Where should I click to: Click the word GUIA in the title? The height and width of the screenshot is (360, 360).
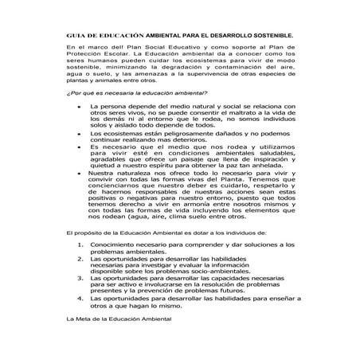click(74, 36)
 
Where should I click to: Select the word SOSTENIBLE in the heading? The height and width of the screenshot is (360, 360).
click(268, 36)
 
